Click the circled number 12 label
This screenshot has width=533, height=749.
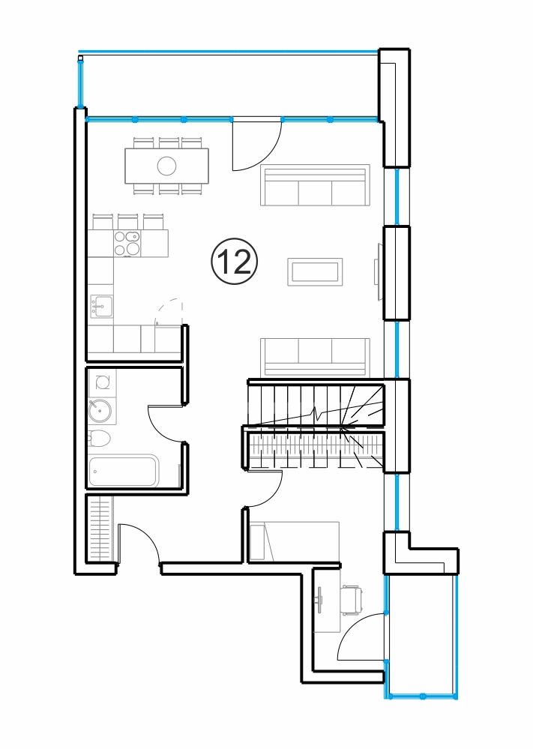(x=234, y=262)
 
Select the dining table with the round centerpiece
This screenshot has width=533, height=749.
(x=166, y=166)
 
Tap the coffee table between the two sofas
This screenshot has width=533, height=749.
(x=315, y=272)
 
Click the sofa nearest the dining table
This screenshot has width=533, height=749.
(x=315, y=185)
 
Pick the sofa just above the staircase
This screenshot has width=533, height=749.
(x=315, y=358)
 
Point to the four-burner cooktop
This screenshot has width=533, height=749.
(x=127, y=243)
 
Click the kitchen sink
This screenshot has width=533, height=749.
(x=102, y=306)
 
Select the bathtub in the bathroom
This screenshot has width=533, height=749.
(x=124, y=471)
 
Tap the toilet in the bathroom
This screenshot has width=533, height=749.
(x=100, y=438)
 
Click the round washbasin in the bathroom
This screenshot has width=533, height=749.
(x=100, y=410)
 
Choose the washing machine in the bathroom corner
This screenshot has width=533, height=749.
(x=102, y=382)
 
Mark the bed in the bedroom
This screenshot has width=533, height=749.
(x=294, y=541)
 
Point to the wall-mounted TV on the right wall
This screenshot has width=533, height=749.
(x=379, y=272)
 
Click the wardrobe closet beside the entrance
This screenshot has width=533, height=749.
(x=100, y=529)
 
